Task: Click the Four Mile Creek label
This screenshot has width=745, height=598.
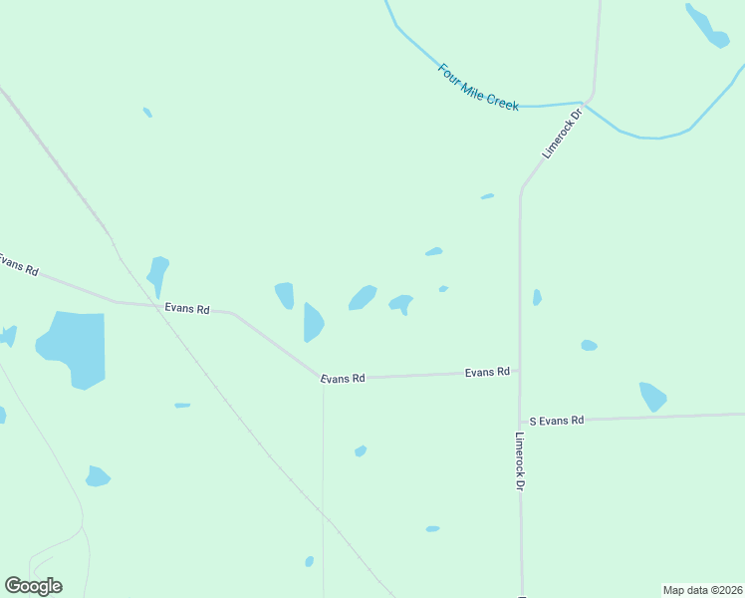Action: pos(479,88)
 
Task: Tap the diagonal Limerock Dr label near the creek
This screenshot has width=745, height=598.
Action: pos(561,133)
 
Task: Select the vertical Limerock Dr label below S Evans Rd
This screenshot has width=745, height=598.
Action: pos(519,459)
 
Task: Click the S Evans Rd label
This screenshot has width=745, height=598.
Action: pos(556,421)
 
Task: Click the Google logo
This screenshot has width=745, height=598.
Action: pos(33,586)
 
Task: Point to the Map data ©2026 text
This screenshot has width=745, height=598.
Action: pos(702,590)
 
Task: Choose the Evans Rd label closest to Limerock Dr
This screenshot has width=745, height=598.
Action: pos(487,372)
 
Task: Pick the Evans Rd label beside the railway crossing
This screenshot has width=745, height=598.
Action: pos(187,309)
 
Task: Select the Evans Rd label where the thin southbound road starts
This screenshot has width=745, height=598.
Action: pos(343,379)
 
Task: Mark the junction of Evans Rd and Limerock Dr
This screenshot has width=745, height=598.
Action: pos(519,371)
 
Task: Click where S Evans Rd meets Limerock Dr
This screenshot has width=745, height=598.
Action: pos(519,421)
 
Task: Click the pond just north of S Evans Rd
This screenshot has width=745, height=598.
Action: pos(652,396)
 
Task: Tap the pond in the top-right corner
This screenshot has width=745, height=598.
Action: pos(707,26)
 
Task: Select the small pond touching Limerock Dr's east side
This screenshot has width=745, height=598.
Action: pos(537,297)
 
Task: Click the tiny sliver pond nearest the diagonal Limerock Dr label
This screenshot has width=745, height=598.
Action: pos(487,196)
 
